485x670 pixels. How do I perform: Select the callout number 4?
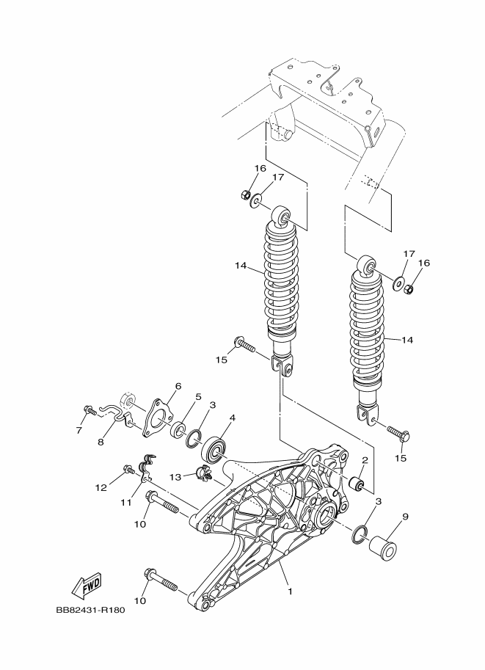(232, 418)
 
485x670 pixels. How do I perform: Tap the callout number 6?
(177, 386)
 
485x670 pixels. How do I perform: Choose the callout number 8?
(101, 442)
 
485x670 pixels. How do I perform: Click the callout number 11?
(126, 503)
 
